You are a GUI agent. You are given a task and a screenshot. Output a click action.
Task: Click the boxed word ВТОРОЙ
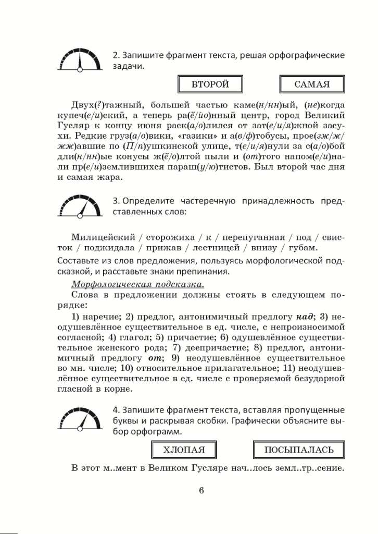point(210,84)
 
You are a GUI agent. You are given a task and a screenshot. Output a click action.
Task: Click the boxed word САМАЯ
point(312,84)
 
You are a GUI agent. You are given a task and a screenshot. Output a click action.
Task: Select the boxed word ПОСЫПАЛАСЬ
point(298,450)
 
